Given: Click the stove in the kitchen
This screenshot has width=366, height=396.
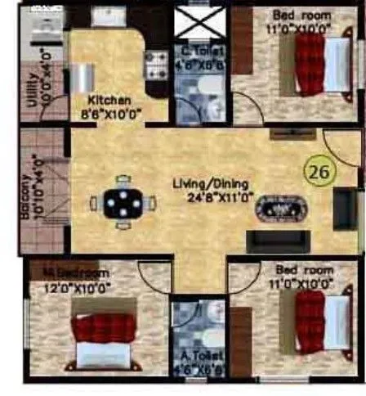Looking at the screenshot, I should pos(154,64).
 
